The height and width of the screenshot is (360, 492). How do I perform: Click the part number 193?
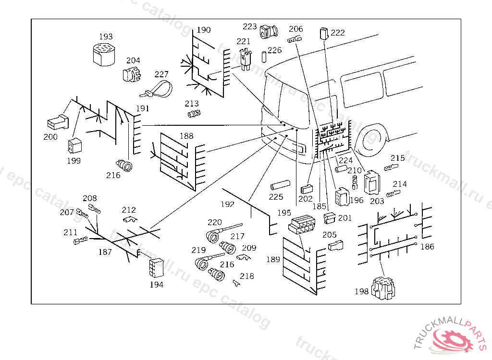(106, 37)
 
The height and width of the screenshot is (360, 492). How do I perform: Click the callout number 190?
(204, 30)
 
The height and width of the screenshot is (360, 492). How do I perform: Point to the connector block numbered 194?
(156, 267)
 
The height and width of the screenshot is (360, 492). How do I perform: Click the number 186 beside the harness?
(427, 247)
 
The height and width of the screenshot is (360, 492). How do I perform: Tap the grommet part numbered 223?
(268, 32)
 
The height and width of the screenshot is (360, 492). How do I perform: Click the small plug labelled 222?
(323, 33)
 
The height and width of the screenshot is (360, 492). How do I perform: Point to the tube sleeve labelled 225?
(280, 185)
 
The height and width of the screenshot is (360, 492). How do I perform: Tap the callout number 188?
(186, 136)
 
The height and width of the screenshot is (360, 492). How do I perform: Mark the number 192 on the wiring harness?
(227, 204)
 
